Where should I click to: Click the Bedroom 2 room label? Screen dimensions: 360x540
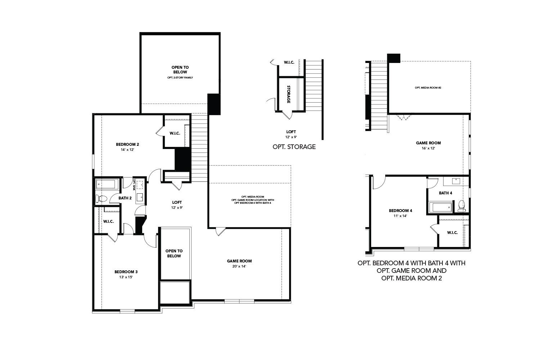coord(127,144)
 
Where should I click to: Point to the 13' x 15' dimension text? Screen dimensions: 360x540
coord(126,277)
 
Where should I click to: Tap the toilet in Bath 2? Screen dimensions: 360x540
coord(102,198)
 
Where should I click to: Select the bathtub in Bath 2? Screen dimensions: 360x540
coord(106,184)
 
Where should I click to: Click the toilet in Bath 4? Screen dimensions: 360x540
coord(462,206)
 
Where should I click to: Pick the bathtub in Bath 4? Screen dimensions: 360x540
coord(441,207)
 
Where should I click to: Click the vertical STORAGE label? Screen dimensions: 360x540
coord(288,94)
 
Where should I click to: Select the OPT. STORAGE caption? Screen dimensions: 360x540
coord(294,147)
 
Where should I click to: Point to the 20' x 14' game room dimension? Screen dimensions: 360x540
coord(239,266)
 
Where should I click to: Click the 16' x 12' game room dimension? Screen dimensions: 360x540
coord(428,148)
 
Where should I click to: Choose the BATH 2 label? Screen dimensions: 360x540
coord(125,198)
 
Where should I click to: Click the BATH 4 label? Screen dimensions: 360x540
coord(445,193)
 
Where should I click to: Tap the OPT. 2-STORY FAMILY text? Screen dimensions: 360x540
coord(180,77)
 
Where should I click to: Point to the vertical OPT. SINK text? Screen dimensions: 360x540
coord(134,184)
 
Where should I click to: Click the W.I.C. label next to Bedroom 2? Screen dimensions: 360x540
coord(175,134)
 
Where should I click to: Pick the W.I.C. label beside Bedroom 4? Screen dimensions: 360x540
coord(453,233)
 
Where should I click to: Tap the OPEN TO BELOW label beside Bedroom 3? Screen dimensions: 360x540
coord(174,253)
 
